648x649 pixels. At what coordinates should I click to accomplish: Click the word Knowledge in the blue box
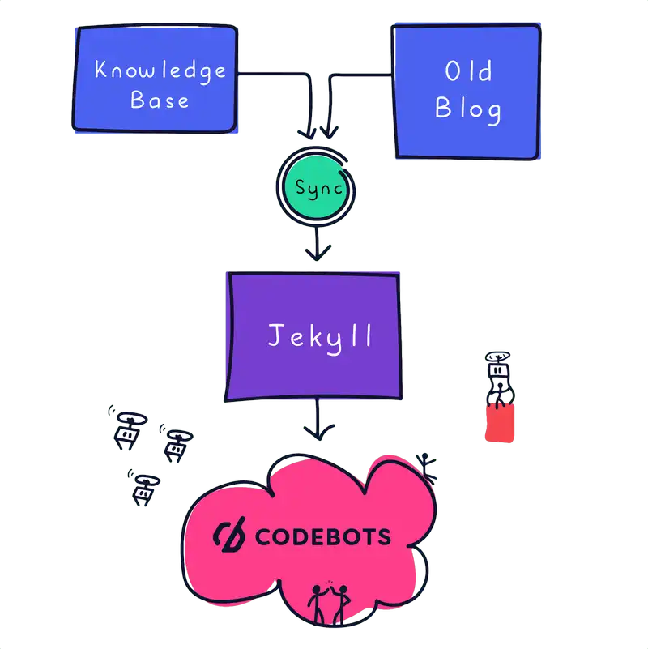point(160,70)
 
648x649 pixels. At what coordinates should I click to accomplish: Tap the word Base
point(160,100)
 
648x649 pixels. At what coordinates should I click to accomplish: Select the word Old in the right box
point(468,72)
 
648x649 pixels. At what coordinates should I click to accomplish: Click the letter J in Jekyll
point(275,335)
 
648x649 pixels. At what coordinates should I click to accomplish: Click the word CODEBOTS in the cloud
point(322,536)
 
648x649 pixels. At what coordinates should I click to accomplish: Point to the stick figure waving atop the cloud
point(427,467)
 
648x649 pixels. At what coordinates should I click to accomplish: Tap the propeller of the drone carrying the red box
point(497,357)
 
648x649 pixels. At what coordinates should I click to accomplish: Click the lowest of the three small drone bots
point(143,487)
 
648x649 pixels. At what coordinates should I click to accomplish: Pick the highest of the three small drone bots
point(126,427)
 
